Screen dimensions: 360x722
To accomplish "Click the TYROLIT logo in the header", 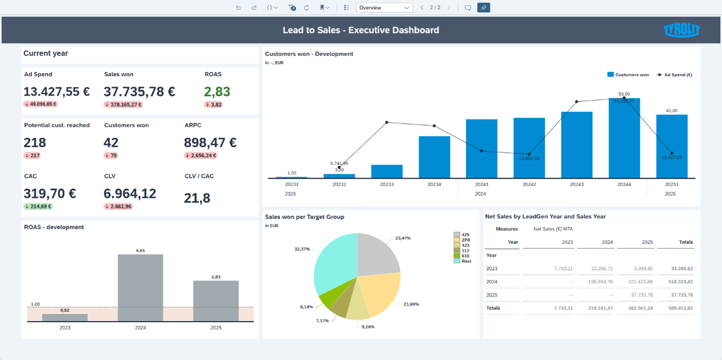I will click(x=681, y=30).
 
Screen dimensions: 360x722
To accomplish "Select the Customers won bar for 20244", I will click(x=624, y=138).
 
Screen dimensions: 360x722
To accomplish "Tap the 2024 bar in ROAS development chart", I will click(x=140, y=287).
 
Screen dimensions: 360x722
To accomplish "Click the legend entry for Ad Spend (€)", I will click(x=674, y=75).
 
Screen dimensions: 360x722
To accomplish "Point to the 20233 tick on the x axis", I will click(x=387, y=185).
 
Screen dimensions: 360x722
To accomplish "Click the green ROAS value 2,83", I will click(x=217, y=91).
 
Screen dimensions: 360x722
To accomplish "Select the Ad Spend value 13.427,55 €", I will click(x=57, y=91).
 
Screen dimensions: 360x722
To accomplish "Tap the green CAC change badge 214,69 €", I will click(x=38, y=206).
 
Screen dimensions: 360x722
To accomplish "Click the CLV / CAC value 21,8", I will click(x=197, y=198).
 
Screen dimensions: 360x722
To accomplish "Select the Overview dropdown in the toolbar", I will click(x=384, y=8).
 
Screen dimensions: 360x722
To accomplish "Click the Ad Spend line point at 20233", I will click(x=387, y=122).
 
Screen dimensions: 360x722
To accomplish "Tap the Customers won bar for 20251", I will click(x=672, y=146).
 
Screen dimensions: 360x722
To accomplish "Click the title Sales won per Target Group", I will click(x=304, y=217).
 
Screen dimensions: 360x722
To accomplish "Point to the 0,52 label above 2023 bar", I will click(x=65, y=310).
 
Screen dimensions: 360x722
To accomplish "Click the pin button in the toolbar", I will click(x=484, y=8).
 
